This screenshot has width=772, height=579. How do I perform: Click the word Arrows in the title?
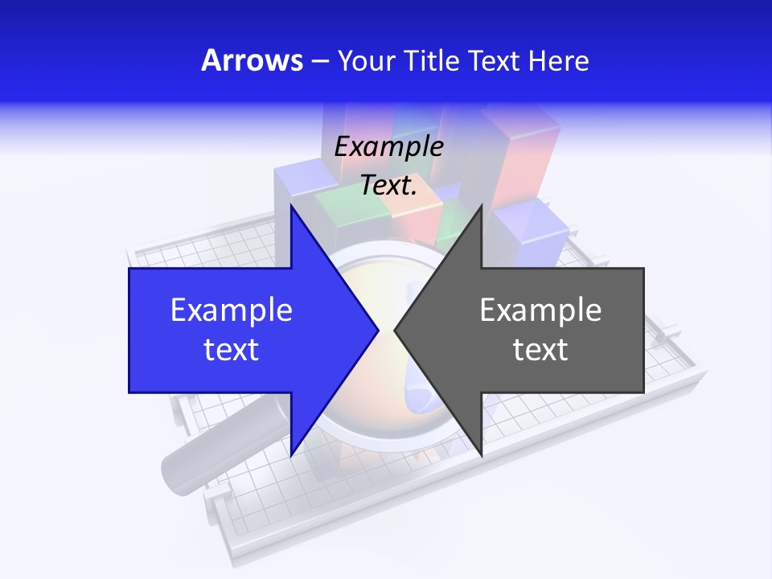(252, 60)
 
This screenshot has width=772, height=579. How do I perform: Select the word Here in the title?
(558, 60)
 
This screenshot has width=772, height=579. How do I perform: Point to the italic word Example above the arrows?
(388, 146)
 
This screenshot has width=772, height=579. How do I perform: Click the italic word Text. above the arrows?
(388, 185)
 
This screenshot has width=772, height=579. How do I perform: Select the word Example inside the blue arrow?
(232, 310)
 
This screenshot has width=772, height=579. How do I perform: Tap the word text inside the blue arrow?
(232, 350)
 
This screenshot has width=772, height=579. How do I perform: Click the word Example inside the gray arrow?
(540, 310)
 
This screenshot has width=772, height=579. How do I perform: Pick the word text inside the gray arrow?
(540, 350)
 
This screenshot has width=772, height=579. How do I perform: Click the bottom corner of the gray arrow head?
(481, 454)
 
